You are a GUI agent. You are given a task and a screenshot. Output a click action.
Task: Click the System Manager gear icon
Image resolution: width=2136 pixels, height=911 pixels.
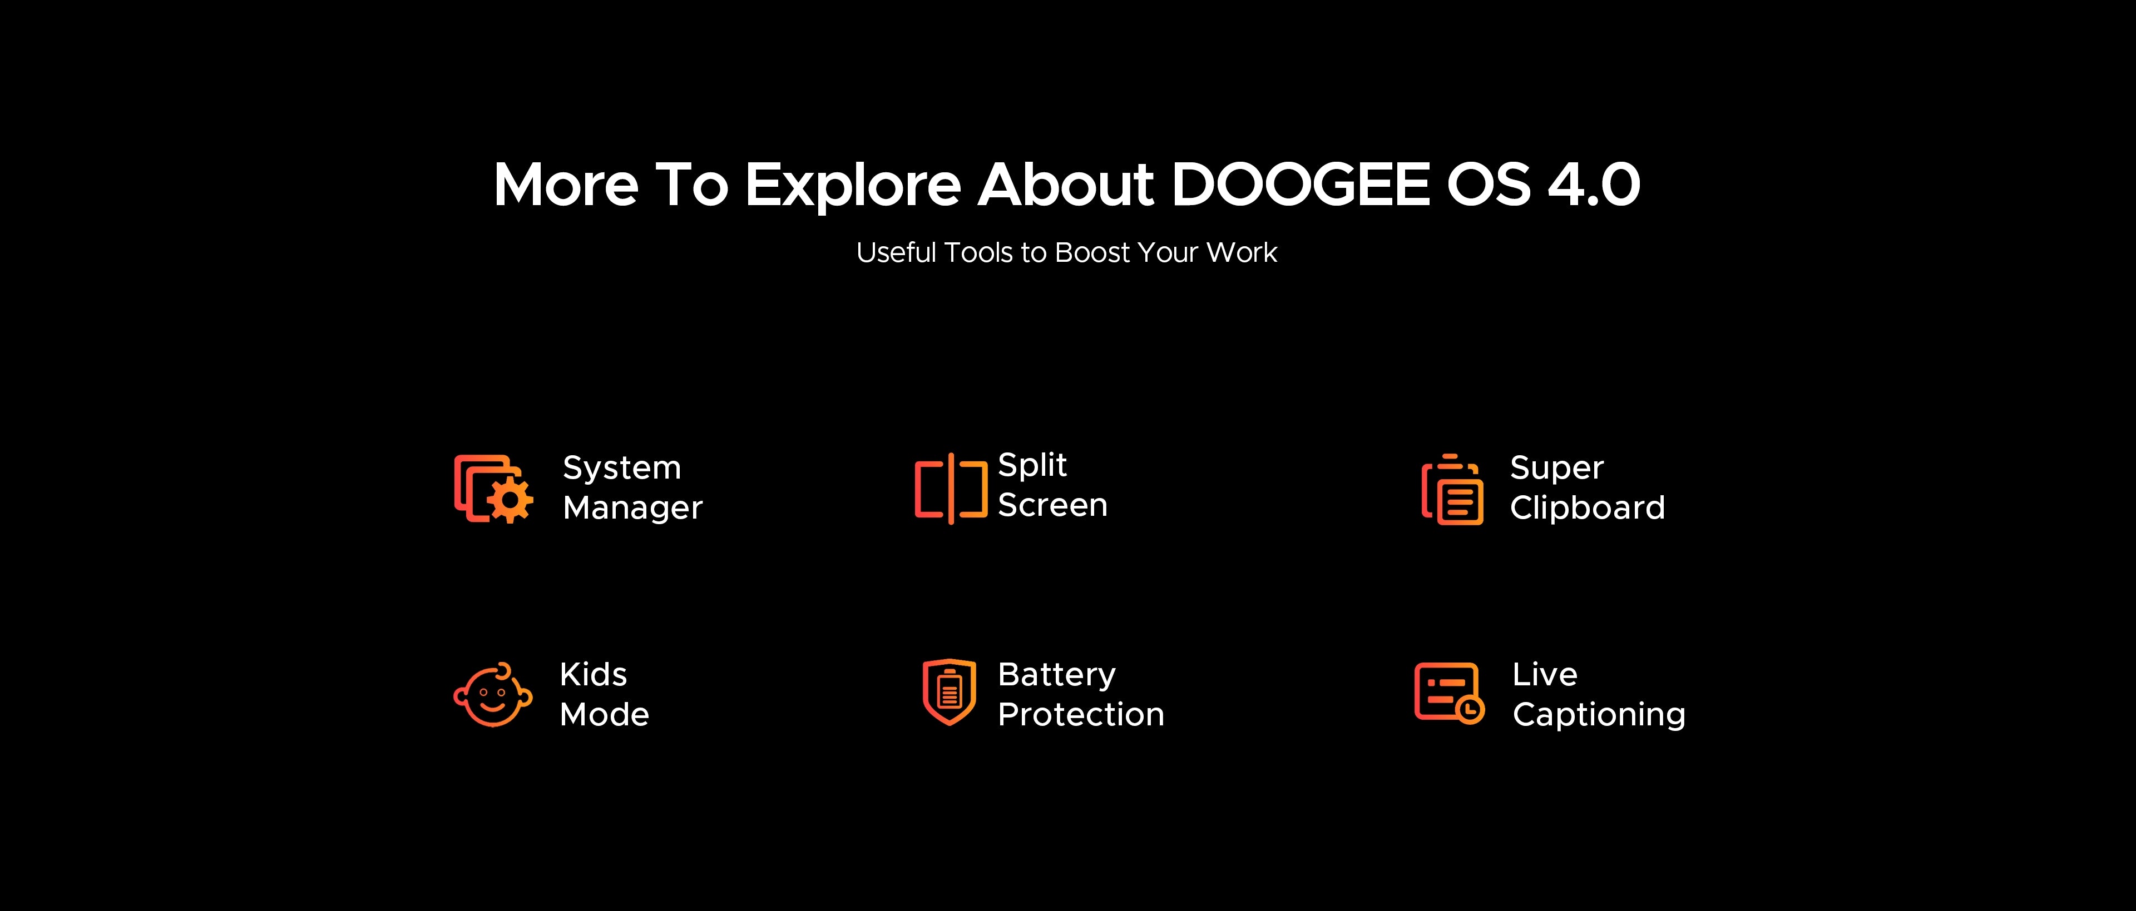(x=494, y=489)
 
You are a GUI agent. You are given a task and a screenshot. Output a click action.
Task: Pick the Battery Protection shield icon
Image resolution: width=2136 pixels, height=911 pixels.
(x=950, y=691)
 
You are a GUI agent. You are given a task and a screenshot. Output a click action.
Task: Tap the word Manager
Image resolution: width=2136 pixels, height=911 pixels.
(x=632, y=508)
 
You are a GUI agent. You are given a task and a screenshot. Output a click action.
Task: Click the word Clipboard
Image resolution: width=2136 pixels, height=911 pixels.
(x=1587, y=507)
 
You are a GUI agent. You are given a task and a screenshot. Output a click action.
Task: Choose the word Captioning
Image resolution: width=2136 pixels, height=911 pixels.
(x=1599, y=715)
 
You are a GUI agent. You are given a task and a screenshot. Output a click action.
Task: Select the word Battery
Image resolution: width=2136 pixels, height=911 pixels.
(x=1056, y=675)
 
